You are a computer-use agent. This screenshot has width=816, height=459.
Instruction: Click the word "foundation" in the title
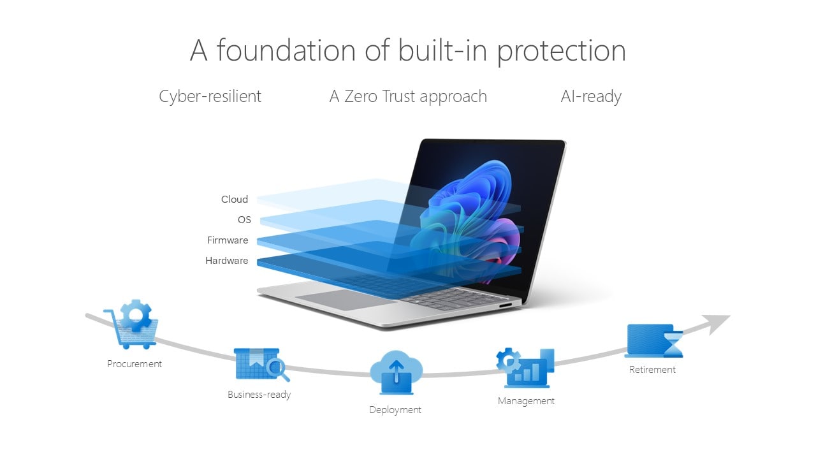coord(286,50)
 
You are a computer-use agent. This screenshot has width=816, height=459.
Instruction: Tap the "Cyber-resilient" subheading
coord(210,97)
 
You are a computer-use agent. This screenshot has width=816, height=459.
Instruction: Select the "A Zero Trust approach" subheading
coord(408,97)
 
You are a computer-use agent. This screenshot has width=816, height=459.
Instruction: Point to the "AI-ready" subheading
coord(591,97)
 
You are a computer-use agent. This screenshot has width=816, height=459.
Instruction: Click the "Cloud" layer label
coord(234,200)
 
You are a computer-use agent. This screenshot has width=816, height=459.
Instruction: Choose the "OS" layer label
coord(244,220)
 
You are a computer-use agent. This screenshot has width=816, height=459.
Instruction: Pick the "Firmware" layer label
coord(228,240)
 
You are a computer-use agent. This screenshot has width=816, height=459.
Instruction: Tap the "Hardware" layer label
coord(226,261)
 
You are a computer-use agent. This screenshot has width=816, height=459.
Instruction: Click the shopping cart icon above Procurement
coord(131,324)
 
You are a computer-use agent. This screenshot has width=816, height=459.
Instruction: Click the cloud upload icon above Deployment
coord(396,372)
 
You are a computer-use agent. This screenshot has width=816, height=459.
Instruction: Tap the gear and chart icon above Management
coord(525,368)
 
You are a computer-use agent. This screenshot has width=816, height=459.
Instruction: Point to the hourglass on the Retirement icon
coord(673,343)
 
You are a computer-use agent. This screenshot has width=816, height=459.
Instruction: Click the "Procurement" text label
coord(135,364)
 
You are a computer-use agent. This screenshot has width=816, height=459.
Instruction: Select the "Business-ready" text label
coord(259,395)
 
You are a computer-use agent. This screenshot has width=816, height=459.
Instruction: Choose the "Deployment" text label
coord(395,410)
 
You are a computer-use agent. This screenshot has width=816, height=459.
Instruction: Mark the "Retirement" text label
coord(652,370)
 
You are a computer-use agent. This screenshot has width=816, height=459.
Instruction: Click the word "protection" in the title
coord(562,52)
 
